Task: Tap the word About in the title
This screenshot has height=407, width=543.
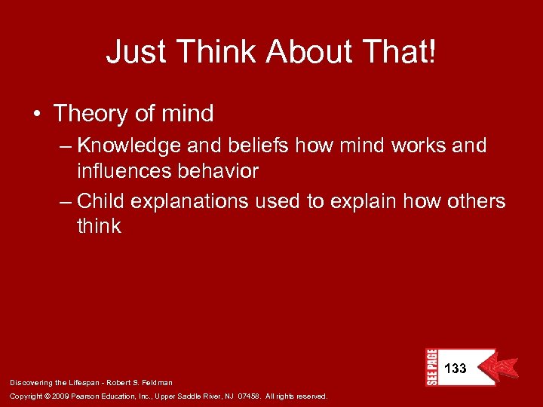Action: (306, 52)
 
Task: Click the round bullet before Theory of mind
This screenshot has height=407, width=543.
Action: (37, 115)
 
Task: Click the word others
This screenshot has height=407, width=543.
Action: (471, 201)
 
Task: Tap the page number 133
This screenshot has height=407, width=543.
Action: (455, 369)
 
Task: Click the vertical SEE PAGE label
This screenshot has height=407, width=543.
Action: (432, 367)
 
